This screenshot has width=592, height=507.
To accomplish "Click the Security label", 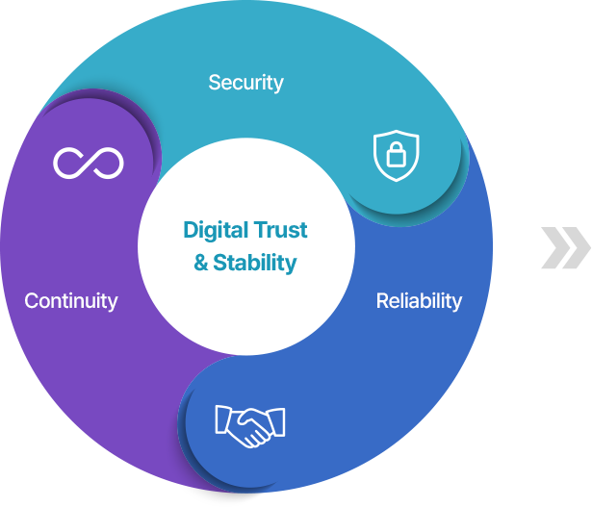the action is [245, 83].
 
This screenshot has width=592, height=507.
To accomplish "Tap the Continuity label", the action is [71, 301].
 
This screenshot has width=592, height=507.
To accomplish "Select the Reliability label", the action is [419, 301].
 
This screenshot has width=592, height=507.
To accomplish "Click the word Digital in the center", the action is [216, 231].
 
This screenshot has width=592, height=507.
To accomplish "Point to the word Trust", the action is [280, 230].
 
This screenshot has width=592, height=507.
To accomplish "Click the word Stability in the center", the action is [255, 263].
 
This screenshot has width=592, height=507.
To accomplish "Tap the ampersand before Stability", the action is [201, 263].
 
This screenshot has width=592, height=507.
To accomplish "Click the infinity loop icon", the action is [89, 163].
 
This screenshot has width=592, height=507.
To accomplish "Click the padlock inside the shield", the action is [396, 154].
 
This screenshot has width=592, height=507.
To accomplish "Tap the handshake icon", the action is [250, 426].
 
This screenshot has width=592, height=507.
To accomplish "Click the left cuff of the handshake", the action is [222, 419].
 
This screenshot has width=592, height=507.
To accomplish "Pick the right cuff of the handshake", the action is [277, 421].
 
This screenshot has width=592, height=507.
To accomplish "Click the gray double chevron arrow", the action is [566, 248].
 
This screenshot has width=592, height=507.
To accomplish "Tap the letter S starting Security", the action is [215, 82].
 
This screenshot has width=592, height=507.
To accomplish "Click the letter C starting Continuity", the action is [32, 301].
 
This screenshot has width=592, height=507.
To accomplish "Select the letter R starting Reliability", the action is [383, 301].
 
